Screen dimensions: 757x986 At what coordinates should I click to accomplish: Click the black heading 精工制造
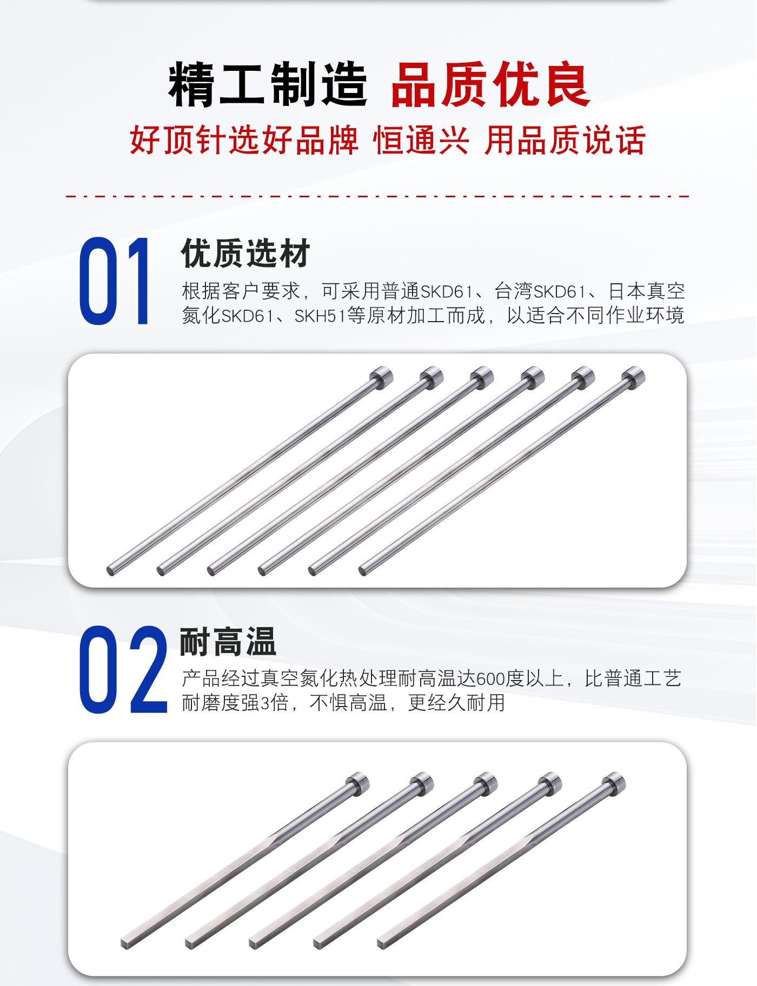pos(268,85)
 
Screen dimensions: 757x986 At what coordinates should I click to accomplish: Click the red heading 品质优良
pos(490,85)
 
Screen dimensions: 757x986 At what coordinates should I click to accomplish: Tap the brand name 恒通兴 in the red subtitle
pos(421,140)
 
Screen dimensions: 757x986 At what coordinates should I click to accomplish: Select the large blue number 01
pos(114,281)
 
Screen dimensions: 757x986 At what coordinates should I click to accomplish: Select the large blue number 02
pos(123,669)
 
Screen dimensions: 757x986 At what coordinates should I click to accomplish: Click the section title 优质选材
pos(245,253)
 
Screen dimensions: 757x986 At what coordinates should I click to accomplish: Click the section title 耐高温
pos(228,642)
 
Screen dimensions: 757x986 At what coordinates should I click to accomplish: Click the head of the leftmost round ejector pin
pos(381,376)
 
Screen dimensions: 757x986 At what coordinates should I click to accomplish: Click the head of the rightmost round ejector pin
pos(633,376)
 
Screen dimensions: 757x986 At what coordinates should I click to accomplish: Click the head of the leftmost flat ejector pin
pos(357,782)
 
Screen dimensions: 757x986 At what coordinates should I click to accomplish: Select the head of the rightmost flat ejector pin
pos(614,782)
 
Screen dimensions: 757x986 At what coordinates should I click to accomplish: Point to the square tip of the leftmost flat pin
pos(126,943)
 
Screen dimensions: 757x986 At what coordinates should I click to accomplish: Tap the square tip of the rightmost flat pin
pos(382,943)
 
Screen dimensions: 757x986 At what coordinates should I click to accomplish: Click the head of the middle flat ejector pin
pos(486,782)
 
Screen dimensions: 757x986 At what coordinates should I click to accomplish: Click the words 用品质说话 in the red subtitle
pos(565,140)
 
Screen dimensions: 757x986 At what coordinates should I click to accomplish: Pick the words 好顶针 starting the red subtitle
pos(178,140)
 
